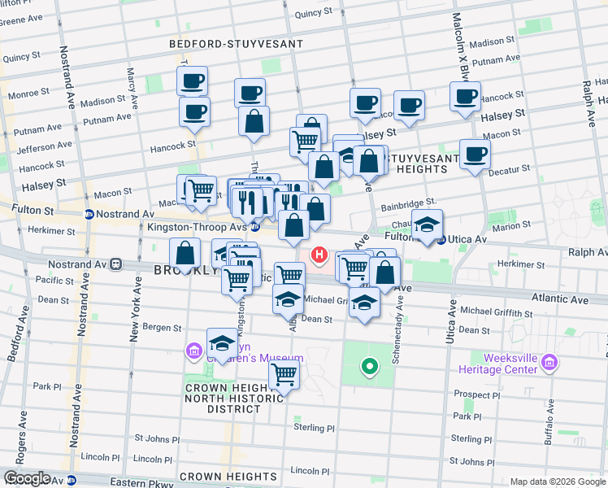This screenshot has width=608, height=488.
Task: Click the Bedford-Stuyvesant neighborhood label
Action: [x=236, y=44]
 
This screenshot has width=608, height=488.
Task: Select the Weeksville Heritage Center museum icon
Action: [x=549, y=361]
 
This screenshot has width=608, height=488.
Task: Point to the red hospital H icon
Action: [x=320, y=256]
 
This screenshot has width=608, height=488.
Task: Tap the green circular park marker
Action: [x=369, y=367]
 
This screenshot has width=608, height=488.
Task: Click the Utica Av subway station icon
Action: [x=441, y=240]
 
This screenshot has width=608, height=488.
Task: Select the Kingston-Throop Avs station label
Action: [x=197, y=228]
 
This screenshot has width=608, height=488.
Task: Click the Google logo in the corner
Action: [x=27, y=478]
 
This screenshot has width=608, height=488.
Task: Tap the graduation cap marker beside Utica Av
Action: [x=427, y=225]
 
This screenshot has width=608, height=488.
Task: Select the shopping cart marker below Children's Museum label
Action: [x=284, y=375]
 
